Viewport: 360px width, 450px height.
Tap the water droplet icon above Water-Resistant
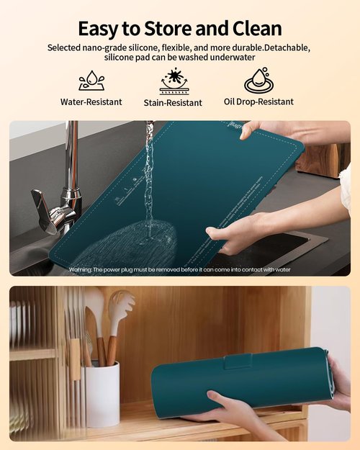pos(91,80)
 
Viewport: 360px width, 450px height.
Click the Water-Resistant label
pos(91,102)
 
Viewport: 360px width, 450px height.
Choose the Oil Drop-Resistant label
pos(258,102)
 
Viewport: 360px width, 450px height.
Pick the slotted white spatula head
pos(120,306)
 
